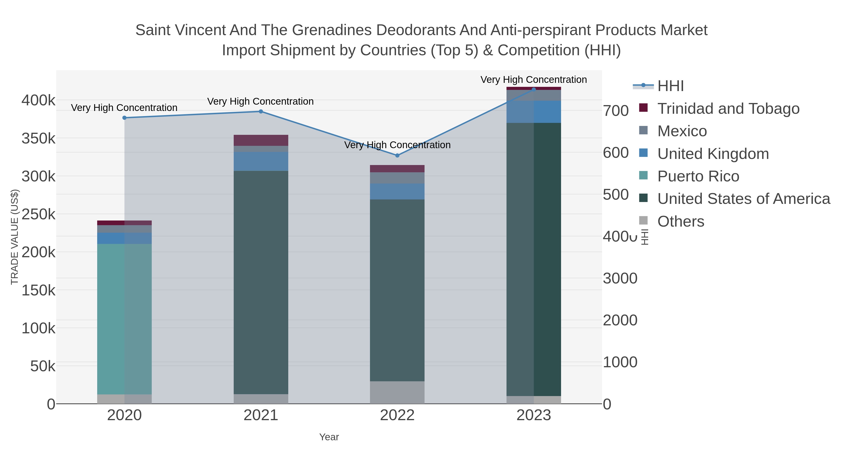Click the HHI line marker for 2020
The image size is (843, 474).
124,118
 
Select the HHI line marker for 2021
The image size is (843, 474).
261,112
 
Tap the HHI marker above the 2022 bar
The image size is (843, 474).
397,155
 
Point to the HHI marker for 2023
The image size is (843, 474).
534,89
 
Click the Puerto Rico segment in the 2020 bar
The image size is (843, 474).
124,319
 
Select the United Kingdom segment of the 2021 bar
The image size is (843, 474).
261,161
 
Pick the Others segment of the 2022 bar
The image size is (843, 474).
397,392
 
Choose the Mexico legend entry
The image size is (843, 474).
682,131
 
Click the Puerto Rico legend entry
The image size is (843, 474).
698,176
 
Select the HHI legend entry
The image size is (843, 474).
670,86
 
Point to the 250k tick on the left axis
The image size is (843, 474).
38,215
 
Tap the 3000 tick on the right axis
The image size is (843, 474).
620,278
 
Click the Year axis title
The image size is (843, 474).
329,437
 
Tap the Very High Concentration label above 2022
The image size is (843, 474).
397,145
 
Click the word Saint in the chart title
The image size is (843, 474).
153,30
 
